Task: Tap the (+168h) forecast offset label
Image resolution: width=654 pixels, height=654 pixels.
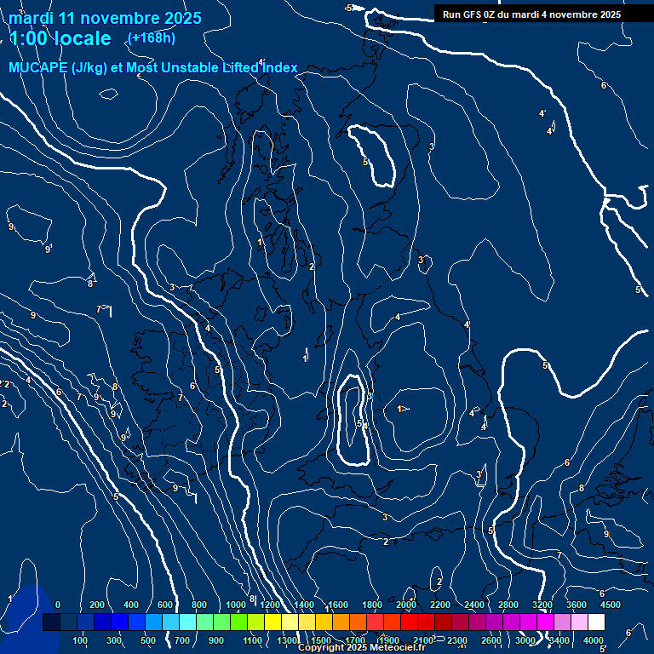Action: tap(152, 38)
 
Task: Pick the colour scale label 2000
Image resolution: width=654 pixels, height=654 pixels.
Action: tap(406, 605)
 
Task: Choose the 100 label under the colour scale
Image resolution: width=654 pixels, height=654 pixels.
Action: tap(80, 640)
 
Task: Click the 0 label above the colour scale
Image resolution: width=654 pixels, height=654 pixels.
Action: tap(58, 605)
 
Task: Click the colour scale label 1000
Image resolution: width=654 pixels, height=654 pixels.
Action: tap(236, 605)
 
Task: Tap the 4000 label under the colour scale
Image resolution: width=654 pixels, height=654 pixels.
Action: tap(594, 640)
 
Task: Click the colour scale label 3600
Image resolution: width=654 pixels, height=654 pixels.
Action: tap(576, 605)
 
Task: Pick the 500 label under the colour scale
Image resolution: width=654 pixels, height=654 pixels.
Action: tap(148, 640)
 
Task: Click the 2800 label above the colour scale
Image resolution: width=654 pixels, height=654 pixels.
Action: tap(508, 605)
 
